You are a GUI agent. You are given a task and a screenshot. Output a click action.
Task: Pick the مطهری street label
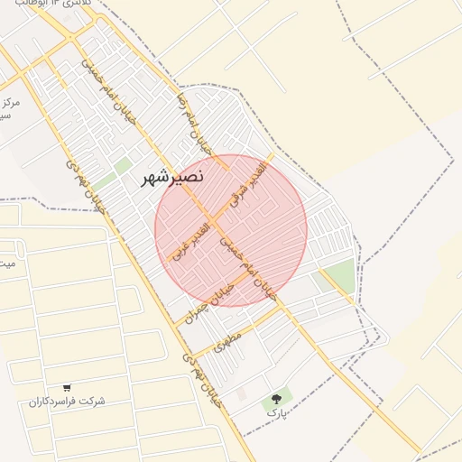(x=229, y=342)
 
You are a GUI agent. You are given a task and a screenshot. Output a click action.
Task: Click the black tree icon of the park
(x=276, y=397)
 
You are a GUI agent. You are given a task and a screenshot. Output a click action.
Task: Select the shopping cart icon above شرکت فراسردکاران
(x=68, y=388)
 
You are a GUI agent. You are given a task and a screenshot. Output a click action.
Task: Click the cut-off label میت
(x=6, y=263)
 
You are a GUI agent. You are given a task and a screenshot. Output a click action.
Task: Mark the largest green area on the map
(x=337, y=277)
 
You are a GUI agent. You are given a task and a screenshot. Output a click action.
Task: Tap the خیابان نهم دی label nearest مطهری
(x=202, y=379)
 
